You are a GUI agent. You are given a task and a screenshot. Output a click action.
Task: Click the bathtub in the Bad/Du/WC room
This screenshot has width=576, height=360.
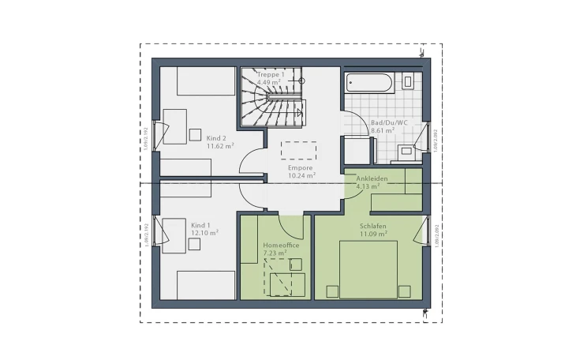pos(368,82)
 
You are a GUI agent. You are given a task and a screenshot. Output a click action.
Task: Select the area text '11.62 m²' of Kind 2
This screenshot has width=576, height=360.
pos(220,146)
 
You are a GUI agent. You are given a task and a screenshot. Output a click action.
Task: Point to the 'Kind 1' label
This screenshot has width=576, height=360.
pos(201,225)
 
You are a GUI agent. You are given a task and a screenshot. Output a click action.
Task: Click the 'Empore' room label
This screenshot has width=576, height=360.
pos(301,168)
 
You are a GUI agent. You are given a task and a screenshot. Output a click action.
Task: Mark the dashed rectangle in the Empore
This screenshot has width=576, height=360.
pos(299,150)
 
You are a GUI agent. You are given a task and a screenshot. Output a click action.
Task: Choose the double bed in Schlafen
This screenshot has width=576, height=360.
pos(368,268)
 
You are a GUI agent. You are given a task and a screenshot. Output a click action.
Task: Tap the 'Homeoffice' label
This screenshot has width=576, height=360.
pos(282,246)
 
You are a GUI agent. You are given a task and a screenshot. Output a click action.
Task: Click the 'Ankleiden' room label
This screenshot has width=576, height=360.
pos(372,179)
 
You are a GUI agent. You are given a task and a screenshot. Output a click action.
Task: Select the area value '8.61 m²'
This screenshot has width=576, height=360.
pos(383,130)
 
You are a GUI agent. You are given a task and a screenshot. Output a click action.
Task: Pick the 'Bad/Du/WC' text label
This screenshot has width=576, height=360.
pos(389,122)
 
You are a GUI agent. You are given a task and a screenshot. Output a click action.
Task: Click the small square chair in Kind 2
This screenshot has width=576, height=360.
pos(195,135)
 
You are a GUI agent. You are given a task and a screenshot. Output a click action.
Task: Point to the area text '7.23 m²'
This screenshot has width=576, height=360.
pos(276,254)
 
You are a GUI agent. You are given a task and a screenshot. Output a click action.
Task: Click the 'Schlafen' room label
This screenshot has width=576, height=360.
pos(373,226)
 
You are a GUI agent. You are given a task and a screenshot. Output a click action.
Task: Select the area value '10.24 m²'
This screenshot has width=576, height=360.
pos(301,176)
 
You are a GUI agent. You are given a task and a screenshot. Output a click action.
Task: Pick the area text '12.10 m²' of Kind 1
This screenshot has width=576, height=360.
pos(204,233)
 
